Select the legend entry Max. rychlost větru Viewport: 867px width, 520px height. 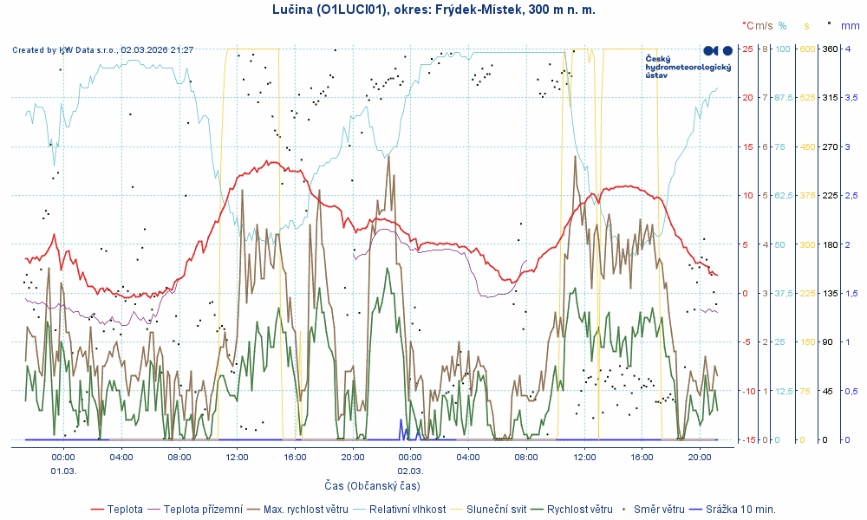pyautogui.click(x=305, y=509)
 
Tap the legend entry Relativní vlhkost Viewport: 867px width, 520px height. pyautogui.click(x=407, y=509)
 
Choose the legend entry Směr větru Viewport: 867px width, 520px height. pyautogui.click(x=659, y=509)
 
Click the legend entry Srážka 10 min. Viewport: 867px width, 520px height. pyautogui.click(x=740, y=509)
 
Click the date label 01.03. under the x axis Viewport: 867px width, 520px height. pyautogui.click(x=63, y=471)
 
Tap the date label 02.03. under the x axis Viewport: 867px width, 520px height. pyautogui.click(x=410, y=471)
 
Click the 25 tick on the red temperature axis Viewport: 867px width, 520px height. pyautogui.click(x=746, y=49)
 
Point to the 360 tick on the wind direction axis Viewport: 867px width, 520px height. pyautogui.click(x=829, y=49)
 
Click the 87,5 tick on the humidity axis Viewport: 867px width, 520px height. pyautogui.click(x=783, y=97)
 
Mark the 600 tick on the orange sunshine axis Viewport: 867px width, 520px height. pyautogui.click(x=807, y=49)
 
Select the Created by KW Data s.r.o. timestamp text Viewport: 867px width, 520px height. pyautogui.click(x=103, y=50)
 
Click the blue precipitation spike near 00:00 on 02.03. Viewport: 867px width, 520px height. pyautogui.click(x=401, y=426)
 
